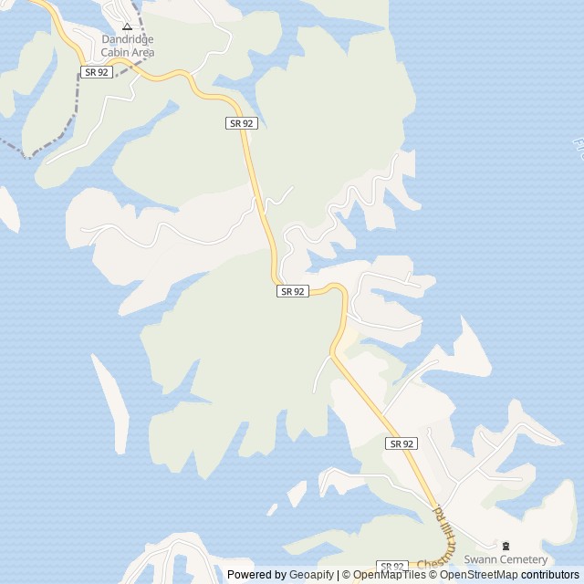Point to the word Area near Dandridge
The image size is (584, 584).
141,53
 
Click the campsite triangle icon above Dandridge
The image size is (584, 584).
127,26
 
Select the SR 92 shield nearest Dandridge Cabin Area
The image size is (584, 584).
96,72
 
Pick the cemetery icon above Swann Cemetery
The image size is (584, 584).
507,546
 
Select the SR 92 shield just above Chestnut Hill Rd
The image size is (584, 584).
401,443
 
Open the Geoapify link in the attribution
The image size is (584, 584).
312,575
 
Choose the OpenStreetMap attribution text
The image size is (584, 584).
479,575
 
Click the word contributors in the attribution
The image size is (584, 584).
550,575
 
